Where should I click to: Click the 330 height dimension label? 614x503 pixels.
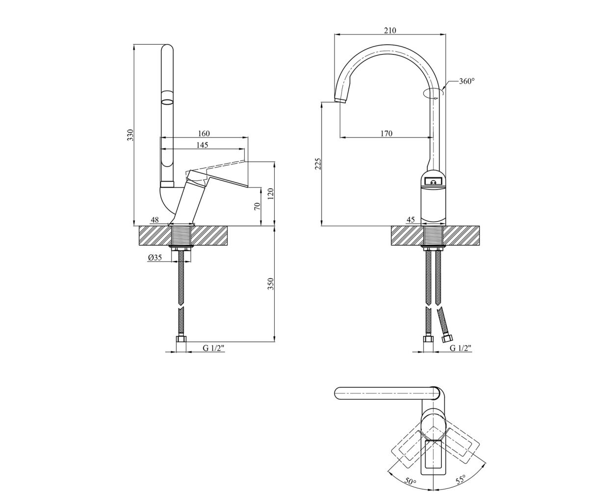click(131, 135)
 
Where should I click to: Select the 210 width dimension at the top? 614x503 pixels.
click(390, 30)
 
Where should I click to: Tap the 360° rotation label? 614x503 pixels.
click(467, 82)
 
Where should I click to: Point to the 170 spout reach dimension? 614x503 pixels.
click(386, 134)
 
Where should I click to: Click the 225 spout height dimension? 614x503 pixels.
click(318, 164)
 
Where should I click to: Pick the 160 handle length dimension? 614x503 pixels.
click(204, 133)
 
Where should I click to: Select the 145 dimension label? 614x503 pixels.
click(203, 145)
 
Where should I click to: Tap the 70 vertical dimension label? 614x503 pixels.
click(257, 206)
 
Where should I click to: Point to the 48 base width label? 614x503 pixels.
click(155, 220)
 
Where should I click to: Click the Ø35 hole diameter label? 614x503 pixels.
click(155, 257)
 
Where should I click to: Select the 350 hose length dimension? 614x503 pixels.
click(271, 284)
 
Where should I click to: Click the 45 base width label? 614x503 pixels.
click(410, 220)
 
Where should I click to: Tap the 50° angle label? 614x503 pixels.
click(410, 482)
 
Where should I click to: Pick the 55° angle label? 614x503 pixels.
click(460, 480)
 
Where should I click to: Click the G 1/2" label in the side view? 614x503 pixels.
click(214, 348)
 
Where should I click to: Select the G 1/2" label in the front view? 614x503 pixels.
click(460, 348)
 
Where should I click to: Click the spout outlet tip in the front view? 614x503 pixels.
click(341, 100)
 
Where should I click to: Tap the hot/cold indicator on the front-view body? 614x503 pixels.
click(433, 182)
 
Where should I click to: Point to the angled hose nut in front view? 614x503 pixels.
click(447, 339)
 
